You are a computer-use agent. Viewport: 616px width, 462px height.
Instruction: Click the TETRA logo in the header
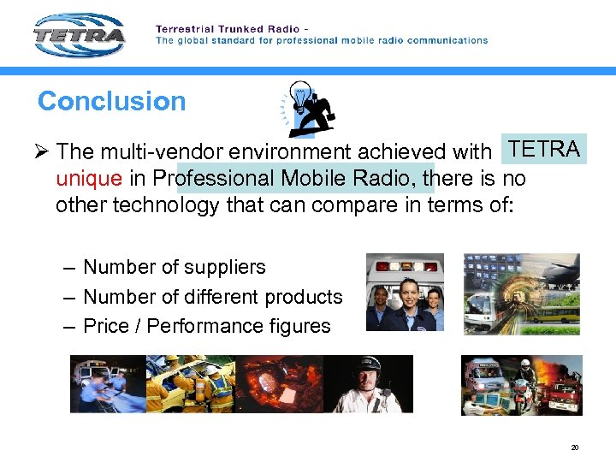[x=80, y=35]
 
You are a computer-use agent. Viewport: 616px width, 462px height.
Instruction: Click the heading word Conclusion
[x=111, y=101]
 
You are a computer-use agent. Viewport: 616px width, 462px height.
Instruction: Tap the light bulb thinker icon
[x=309, y=109]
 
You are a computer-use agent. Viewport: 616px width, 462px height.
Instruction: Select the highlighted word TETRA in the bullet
[x=544, y=149]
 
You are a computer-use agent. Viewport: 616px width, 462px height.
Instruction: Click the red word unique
[x=89, y=178]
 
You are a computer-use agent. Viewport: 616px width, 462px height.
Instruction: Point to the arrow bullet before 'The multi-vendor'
[x=43, y=151]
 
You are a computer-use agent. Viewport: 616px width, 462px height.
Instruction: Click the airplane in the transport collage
[x=556, y=273]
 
